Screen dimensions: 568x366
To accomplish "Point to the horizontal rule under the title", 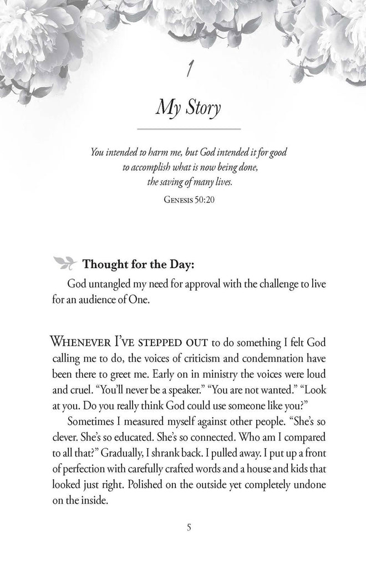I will coord(183,129).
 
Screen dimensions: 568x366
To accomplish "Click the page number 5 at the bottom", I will coord(189,528).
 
